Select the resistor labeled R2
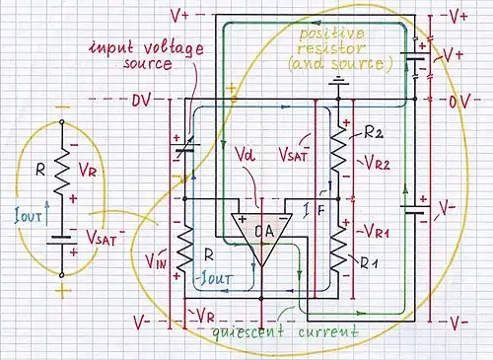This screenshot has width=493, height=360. (338, 149)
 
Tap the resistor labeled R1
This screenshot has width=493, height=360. (338, 249)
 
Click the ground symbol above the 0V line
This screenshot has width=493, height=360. (338, 81)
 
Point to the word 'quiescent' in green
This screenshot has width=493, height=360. (247, 330)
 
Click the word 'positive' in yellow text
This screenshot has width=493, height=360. (332, 34)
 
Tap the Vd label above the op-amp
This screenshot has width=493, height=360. (246, 155)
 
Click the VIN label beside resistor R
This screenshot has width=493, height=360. (157, 260)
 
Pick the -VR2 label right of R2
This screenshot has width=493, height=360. (375, 163)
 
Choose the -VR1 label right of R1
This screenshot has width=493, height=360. (373, 232)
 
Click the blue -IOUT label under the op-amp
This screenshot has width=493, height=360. (215, 278)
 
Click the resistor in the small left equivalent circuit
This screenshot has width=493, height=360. (62, 171)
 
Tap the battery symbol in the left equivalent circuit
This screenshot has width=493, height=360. (62, 241)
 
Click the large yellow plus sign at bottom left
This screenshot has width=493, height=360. (63, 292)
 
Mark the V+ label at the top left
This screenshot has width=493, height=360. (179, 16)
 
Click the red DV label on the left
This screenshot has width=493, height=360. (141, 101)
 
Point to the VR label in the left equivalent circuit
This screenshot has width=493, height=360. (88, 170)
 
